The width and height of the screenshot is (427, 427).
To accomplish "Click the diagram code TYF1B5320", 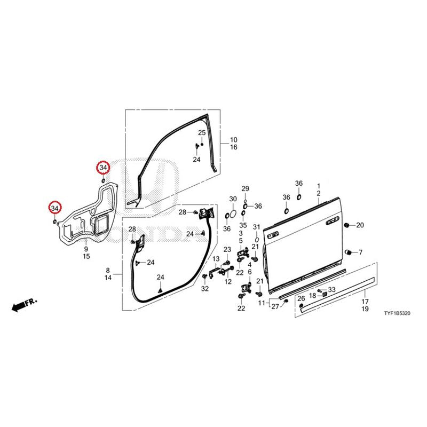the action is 397,313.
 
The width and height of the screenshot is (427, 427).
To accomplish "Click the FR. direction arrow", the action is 24,305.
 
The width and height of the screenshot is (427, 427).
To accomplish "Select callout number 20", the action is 360,225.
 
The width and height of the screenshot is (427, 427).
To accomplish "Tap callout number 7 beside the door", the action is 361,252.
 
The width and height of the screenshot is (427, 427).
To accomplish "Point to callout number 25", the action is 202,133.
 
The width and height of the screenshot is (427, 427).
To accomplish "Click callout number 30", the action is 233,199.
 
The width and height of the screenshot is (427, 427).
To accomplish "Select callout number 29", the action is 246,189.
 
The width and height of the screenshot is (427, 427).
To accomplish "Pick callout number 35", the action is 243,225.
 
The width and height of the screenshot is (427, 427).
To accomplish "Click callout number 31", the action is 257,227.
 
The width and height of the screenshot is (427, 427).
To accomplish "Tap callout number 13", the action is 216,259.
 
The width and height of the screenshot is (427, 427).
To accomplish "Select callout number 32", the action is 205,289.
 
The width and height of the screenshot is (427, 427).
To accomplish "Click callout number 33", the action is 331,289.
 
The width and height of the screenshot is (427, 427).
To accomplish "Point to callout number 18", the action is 312,296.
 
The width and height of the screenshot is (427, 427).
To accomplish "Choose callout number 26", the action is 301,299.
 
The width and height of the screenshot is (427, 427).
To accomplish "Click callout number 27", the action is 275,306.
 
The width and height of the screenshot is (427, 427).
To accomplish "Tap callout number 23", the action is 227,249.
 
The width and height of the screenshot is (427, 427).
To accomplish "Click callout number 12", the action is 228,282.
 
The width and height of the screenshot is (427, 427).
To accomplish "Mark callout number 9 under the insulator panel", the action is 86,249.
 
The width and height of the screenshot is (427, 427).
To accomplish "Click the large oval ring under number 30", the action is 233,215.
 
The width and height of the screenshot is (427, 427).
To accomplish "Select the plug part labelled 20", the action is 347,225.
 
